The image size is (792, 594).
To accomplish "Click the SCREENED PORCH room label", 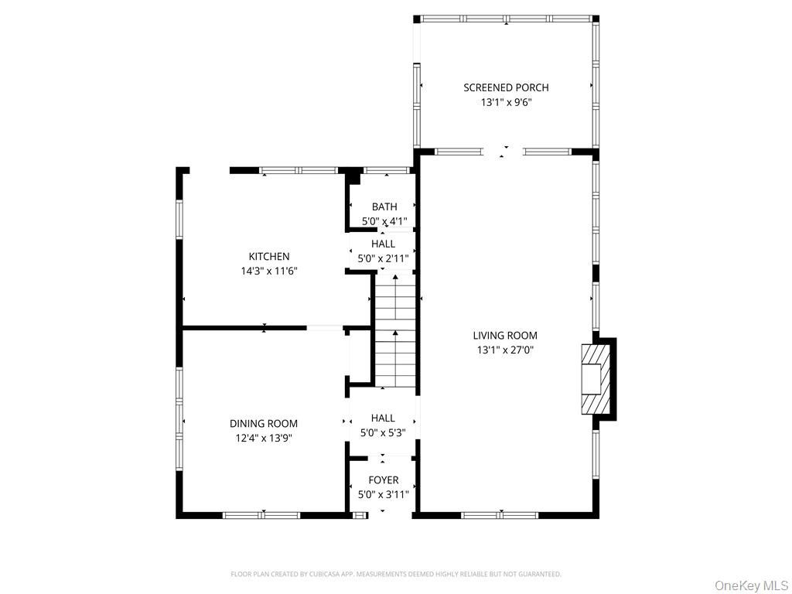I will click(x=506, y=87).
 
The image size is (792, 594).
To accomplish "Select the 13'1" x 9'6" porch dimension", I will click(x=506, y=102).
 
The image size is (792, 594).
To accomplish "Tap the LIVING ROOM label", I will click(x=505, y=336).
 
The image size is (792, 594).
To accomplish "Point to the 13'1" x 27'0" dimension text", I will click(x=505, y=350).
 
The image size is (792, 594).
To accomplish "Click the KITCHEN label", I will click(x=269, y=257).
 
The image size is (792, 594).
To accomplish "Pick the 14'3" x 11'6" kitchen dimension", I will click(x=269, y=271).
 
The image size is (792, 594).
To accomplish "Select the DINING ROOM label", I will click(x=264, y=424).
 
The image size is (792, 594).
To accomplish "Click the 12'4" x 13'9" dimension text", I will click(x=264, y=438).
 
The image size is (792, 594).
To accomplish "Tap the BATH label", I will click(x=384, y=207).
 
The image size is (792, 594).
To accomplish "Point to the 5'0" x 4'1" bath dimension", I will click(x=384, y=221).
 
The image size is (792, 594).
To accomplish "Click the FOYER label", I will click(x=384, y=480).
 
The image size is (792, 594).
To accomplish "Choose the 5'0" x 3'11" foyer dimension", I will click(x=384, y=494).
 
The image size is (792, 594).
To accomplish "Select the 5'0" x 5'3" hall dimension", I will click(x=383, y=433).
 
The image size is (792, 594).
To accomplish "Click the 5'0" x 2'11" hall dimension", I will click(x=383, y=258).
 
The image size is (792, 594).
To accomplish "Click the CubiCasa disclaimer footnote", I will click(x=396, y=574).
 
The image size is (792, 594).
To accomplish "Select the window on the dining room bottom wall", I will click(x=261, y=514).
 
